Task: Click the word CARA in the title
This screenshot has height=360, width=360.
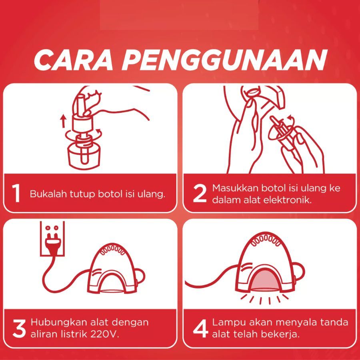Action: coord(74,60)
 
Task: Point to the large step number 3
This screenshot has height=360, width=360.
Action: coord(19,329)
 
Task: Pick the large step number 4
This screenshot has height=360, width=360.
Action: coord(200,329)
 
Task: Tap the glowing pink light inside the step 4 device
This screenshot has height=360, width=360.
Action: coord(266,280)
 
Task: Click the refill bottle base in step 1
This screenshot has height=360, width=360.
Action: coord(84,156)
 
